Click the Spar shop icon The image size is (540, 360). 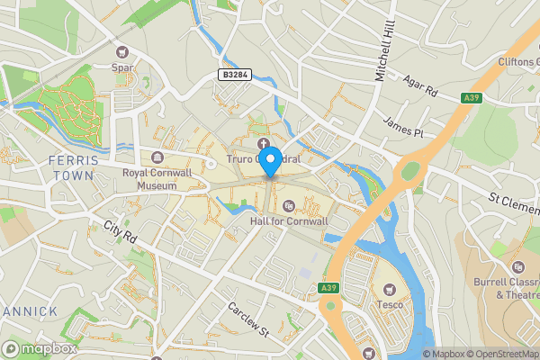(123, 53)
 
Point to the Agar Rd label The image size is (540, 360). (418, 86)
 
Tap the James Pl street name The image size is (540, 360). (401, 127)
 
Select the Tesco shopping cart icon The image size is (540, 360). (390, 290)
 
